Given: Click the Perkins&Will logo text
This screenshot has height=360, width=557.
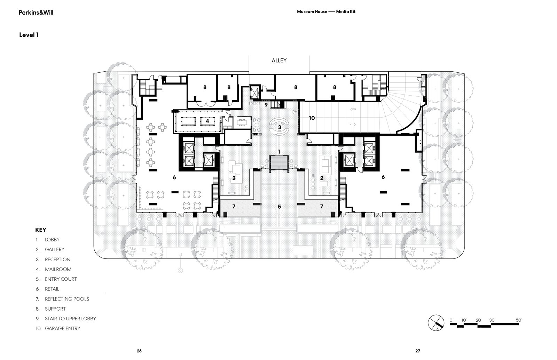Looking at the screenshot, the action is coord(36,13).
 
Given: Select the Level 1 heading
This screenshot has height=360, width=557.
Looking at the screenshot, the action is coord(29,35).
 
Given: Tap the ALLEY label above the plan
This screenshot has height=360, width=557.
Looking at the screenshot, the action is coord(279,61).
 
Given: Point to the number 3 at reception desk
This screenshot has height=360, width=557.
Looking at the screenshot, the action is coord(280,127).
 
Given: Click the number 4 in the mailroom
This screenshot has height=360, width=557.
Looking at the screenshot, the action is coord(207,121).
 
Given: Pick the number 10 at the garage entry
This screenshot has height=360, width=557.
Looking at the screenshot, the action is coord(312,118).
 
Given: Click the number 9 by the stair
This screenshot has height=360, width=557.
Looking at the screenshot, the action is coord(266,105).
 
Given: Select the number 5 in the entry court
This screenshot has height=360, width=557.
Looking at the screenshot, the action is coord(279,207).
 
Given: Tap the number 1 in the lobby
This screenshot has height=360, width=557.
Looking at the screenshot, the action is coord(279,152).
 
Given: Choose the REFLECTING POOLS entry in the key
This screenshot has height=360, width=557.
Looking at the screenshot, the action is coord(67,299).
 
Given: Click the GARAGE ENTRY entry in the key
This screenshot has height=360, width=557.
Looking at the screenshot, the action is coord(62,328).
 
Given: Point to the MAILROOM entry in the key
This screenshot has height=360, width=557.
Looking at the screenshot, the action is coord(58,269).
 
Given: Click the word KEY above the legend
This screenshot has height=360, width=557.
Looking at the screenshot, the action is coord(41,230).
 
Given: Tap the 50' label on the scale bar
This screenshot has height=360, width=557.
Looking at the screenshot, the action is coord(519,320).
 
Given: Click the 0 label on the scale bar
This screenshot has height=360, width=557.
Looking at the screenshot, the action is coord(451,320).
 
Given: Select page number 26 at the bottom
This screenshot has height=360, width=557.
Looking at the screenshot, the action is coord(139,351).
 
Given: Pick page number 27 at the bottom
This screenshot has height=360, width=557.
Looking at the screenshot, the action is coord(418,351).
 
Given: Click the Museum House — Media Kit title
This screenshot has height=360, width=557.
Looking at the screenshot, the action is coord(326,12).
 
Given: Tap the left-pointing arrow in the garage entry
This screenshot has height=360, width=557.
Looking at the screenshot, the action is coord(353,109).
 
